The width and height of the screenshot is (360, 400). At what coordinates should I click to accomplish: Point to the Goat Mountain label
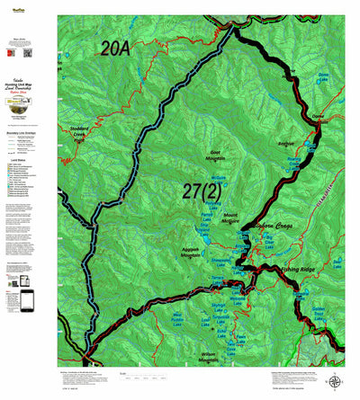(x=220, y=156)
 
